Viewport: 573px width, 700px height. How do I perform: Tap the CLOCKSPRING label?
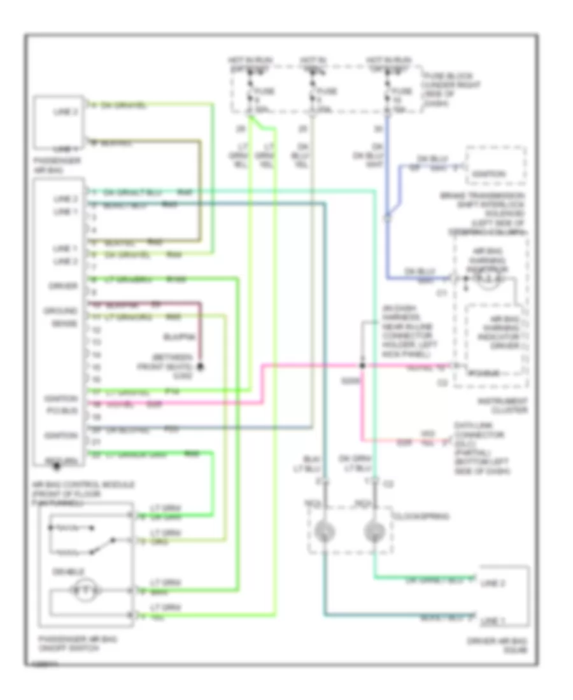point(413,517)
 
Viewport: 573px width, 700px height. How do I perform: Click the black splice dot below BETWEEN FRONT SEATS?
point(199,367)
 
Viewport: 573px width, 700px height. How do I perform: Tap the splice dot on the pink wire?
point(362,366)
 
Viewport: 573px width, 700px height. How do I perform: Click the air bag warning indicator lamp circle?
point(489,279)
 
